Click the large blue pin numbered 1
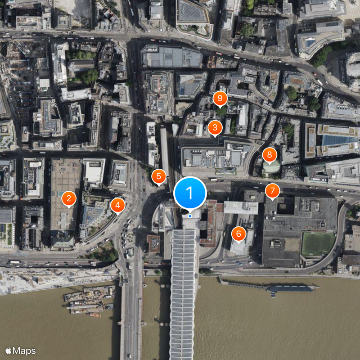pos(190,193)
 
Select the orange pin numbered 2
pos(68,198)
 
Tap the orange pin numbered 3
pos(215,127)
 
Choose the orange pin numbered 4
pos(117,205)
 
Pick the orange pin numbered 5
pos(158,176)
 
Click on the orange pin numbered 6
pos(238,234)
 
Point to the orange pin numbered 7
pos(272,190)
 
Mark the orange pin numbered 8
pos(269,156)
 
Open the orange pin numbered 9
pos(220,98)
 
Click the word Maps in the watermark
pos(24,351)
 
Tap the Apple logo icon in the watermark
pos(8,351)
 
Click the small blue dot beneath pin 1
pos(190,216)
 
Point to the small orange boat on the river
pos(94,315)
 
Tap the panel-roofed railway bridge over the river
pos(183,297)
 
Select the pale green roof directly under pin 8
pos(270,168)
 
